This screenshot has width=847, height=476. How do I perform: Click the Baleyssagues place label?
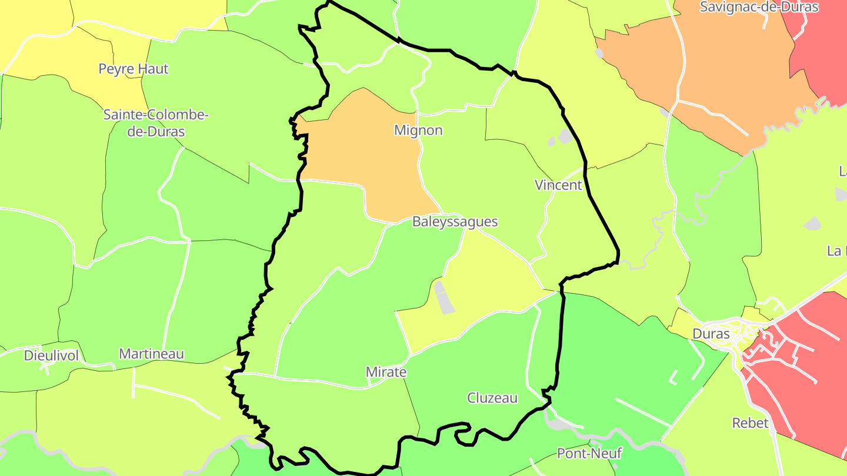click(455, 222)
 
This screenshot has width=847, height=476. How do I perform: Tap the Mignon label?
click(418, 130)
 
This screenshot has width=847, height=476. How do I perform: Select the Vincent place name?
click(558, 185)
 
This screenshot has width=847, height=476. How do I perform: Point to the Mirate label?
click(386, 372)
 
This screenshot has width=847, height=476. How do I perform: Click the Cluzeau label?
click(492, 398)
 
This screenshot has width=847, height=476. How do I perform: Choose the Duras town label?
click(711, 334)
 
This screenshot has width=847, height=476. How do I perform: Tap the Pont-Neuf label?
click(589, 454)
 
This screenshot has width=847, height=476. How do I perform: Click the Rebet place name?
click(750, 423)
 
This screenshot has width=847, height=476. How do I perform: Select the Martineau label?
click(151, 354)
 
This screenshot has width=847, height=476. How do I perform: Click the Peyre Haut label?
click(134, 69)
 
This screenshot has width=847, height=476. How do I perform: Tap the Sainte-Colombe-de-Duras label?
click(156, 123)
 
